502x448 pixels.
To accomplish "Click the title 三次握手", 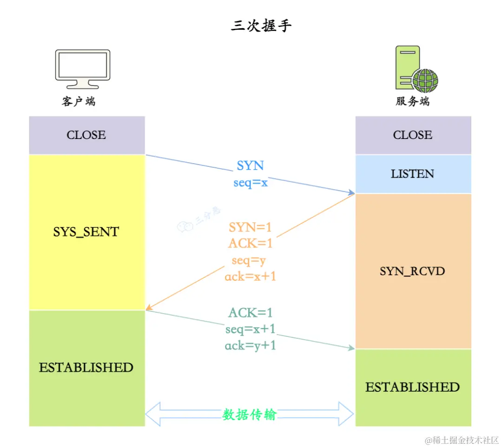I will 261,26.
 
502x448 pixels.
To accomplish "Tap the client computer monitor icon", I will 82,68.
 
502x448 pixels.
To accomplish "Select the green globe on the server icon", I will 425,81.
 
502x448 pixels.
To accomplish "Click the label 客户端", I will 79,101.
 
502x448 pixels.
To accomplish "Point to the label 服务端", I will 413,101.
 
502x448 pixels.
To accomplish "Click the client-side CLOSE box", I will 86,135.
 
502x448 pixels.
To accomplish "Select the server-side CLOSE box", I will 413,135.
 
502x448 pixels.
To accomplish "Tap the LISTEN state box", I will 413,174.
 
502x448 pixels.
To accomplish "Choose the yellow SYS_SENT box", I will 86,231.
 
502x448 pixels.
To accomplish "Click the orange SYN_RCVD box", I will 413,271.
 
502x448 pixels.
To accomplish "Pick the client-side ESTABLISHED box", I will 86,368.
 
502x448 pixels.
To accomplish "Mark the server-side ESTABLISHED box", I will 413,387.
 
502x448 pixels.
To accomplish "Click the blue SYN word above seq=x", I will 251,166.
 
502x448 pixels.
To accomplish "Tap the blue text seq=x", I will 251,183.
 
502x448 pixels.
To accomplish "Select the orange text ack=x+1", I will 251,277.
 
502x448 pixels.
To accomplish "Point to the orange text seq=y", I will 249,260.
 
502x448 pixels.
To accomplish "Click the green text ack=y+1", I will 251,346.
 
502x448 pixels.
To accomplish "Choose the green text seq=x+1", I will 251,329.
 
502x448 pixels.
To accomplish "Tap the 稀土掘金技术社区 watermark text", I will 462,440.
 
